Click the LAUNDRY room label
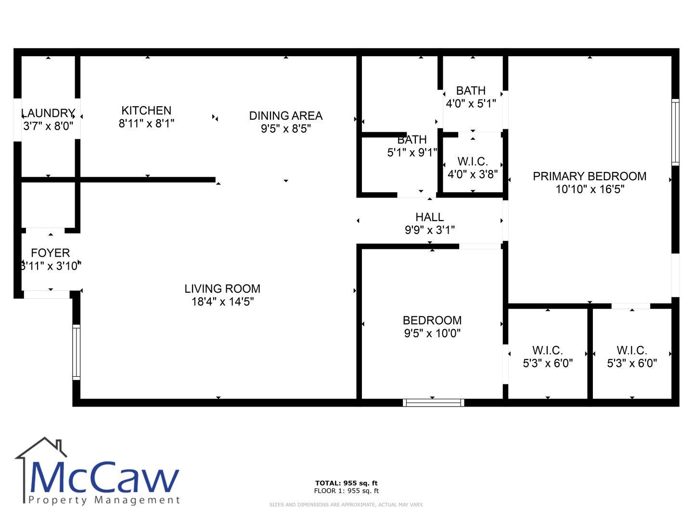(x=48, y=113)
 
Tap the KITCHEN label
(x=146, y=111)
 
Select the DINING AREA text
(x=286, y=116)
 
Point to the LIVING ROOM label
(x=223, y=289)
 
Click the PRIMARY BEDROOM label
(x=590, y=176)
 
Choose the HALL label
(x=430, y=217)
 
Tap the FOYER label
(x=51, y=253)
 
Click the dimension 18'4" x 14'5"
(x=223, y=302)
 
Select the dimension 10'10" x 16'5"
(x=590, y=189)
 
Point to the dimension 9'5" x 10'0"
(x=432, y=333)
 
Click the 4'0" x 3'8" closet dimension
(x=473, y=174)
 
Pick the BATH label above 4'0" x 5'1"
(x=471, y=91)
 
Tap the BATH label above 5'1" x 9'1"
(x=412, y=139)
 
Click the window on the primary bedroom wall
(x=675, y=132)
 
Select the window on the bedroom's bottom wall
(x=434, y=403)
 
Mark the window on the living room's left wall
(x=77, y=352)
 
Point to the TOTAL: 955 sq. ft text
(x=346, y=483)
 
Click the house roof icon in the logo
(x=41, y=447)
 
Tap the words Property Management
(x=104, y=500)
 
